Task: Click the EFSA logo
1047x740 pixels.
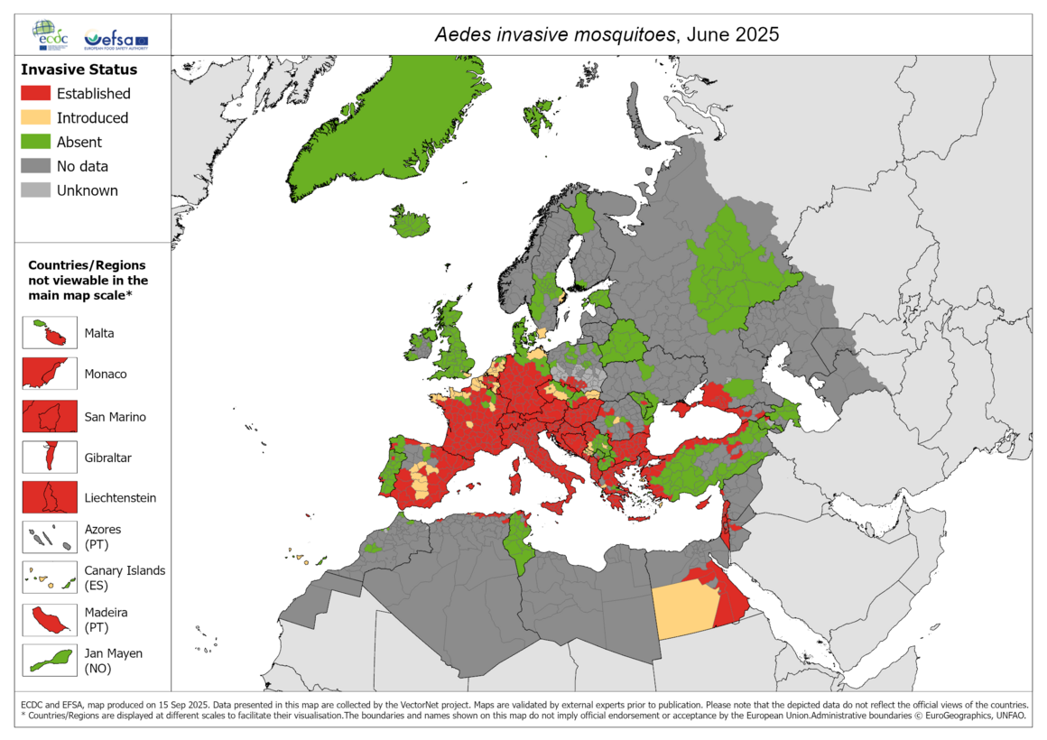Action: [x=115, y=40]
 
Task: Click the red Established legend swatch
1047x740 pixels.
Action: [x=35, y=94]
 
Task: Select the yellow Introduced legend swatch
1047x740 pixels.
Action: [x=35, y=118]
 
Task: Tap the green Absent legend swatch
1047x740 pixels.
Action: [x=35, y=143]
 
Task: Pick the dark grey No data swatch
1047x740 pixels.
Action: [x=35, y=166]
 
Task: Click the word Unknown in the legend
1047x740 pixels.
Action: [x=87, y=190]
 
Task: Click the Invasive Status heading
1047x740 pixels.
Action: [x=79, y=69]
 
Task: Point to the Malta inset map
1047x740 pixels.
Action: [x=50, y=333]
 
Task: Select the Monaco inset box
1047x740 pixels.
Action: [x=50, y=374]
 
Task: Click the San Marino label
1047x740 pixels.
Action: [x=115, y=417]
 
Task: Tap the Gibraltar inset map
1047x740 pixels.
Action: [x=50, y=458]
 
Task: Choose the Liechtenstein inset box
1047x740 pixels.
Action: [x=50, y=497]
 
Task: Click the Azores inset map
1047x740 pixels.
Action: [x=50, y=537]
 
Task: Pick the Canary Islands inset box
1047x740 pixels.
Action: [x=50, y=578]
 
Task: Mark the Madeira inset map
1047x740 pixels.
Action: [x=50, y=619]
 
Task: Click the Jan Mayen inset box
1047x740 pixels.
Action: [x=50, y=661]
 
